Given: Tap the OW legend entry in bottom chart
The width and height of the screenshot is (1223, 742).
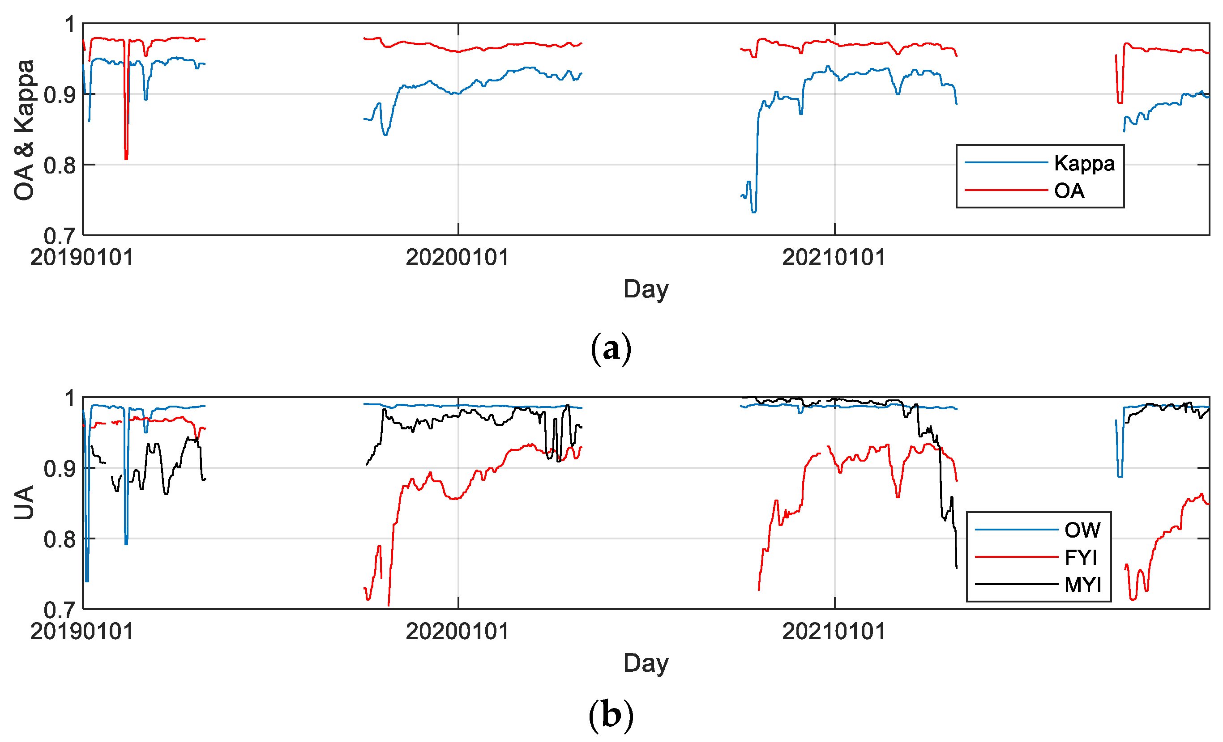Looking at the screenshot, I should tap(1082, 530).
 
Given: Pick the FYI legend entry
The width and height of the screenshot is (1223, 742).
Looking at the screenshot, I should tap(1081, 557).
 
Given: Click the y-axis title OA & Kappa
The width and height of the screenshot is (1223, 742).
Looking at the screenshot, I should tap(24, 130).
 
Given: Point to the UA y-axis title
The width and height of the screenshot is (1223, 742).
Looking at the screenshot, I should tap(24, 502).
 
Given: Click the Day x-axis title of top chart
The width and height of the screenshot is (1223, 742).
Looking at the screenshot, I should tap(646, 289).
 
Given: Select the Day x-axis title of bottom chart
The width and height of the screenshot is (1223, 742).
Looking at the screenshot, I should tap(646, 663).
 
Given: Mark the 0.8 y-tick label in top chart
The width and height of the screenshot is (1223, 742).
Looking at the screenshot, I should tap(60, 165).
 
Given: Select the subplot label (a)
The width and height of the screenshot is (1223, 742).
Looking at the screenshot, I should tap(611, 349).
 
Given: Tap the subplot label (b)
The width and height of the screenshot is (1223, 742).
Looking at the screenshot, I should tap(611, 715).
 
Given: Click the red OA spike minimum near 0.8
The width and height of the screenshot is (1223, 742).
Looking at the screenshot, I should tap(126, 158).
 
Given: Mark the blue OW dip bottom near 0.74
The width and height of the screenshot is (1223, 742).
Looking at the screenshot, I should tap(87, 580).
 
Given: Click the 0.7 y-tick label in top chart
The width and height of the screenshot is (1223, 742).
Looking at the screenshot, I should tap(60, 236).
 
